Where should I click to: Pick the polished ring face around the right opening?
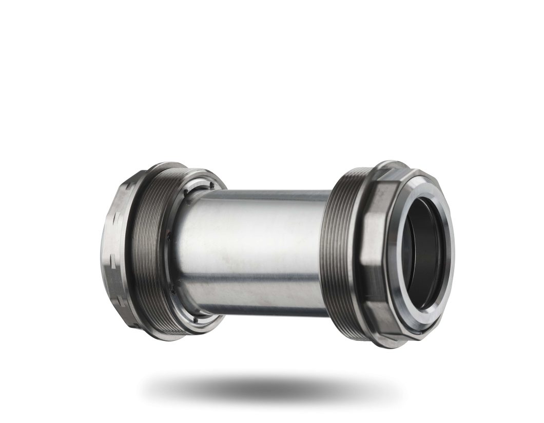446,241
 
